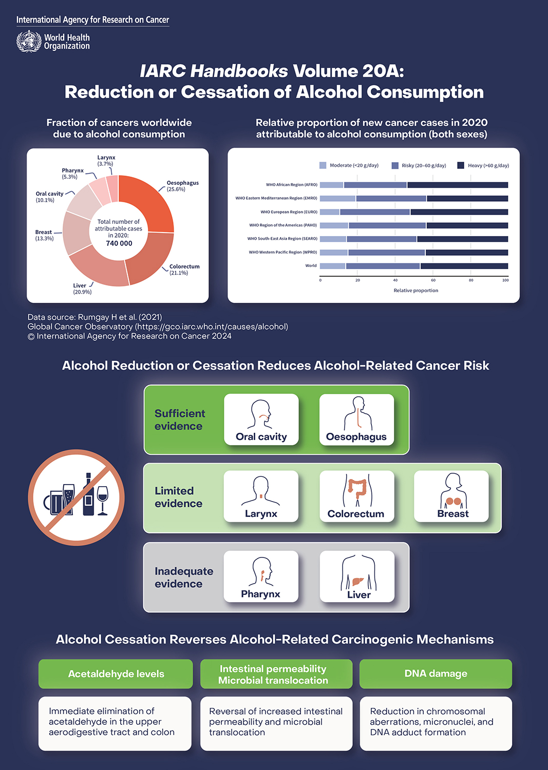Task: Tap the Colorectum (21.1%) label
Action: pos(184,269)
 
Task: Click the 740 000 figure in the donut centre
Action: pos(119,243)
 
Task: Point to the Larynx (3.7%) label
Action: pos(106,161)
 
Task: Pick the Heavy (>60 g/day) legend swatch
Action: pos(461,165)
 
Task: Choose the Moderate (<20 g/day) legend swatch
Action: pos(323,165)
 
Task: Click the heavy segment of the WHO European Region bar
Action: pos(459,212)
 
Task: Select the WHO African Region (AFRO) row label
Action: pos(291,185)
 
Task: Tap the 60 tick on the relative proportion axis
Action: pos(433,280)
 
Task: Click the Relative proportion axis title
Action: pos(415,291)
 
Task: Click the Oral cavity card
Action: pos(261,419)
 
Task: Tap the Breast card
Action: pos(451,496)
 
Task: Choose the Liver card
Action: pos(357,576)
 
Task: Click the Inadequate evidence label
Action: pos(183,577)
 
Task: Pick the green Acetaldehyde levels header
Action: pos(116,674)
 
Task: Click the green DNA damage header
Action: pos(436,673)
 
